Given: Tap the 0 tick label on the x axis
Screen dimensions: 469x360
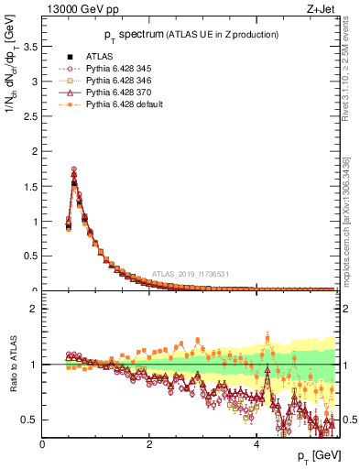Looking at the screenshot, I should click(x=42, y=444).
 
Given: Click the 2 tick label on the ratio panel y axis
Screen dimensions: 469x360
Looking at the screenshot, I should click(x=35, y=309).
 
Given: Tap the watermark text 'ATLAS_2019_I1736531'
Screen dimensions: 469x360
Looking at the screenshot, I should click(x=191, y=275).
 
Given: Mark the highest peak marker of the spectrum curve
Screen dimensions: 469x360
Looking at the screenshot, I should click(x=74, y=169).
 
